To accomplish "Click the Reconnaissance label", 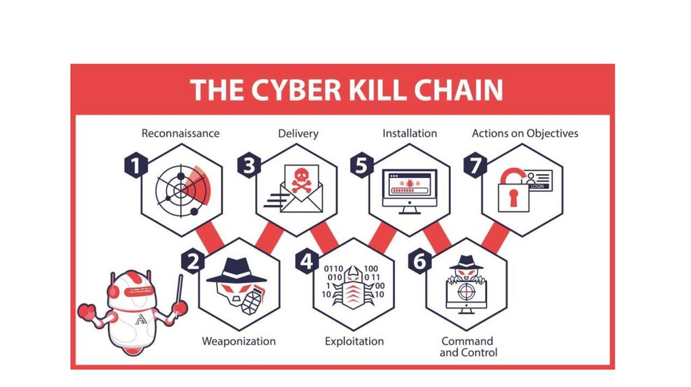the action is tap(180, 133).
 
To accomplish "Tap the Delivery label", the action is tap(298, 133).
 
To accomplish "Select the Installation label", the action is tap(410, 133).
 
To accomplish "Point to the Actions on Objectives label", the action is tap(525, 133).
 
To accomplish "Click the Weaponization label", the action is tap(239, 341).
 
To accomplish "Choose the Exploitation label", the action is tap(354, 341).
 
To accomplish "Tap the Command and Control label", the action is tap(468, 347).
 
